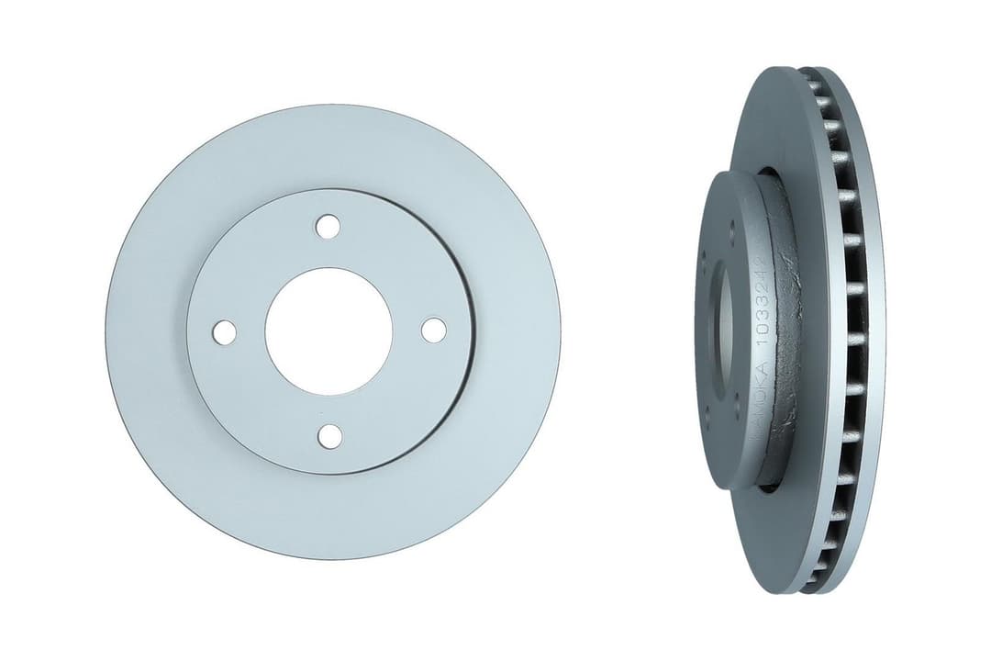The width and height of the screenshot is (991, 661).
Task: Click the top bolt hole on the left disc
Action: [x=328, y=226]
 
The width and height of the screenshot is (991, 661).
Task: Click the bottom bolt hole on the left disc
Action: [x=329, y=436]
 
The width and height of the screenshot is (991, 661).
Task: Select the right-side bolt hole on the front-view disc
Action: [x=433, y=330]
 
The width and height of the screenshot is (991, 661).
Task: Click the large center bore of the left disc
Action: [x=328, y=331]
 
